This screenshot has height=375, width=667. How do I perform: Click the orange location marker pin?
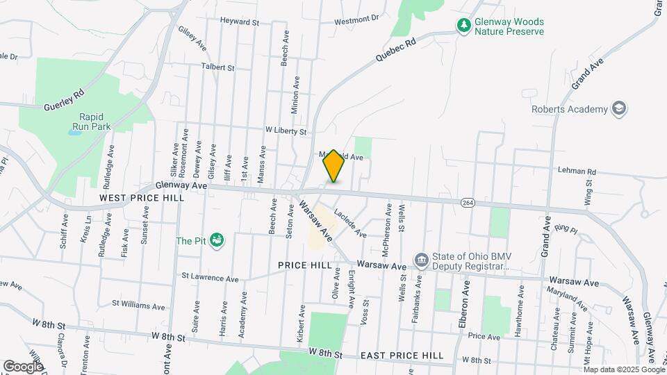pyautogui.click(x=333, y=165)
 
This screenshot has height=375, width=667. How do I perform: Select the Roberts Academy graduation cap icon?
pyautogui.click(x=618, y=109)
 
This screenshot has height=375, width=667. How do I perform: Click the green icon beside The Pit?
pyautogui.click(x=217, y=240)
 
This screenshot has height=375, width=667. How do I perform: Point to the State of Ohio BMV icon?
pyautogui.click(x=421, y=260)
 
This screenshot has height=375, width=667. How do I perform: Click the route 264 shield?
pyautogui.click(x=468, y=201)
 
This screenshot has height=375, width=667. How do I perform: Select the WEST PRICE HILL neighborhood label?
pyautogui.click(x=142, y=198)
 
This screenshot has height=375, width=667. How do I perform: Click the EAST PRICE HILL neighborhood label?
pyautogui.click(x=402, y=356)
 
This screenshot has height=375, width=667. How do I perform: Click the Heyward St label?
pyautogui.click(x=239, y=22)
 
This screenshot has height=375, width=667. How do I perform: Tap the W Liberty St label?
pyautogui.click(x=286, y=131)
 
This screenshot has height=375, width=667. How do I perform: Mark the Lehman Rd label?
pyautogui.click(x=577, y=171)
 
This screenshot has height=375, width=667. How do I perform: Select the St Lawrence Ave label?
pyautogui.click(x=210, y=278)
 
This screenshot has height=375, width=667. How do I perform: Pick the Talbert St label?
pyautogui.click(x=218, y=67)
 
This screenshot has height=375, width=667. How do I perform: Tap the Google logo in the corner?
pyautogui.click(x=23, y=366)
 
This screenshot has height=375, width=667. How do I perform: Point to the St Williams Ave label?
pyautogui.click(x=138, y=306)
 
